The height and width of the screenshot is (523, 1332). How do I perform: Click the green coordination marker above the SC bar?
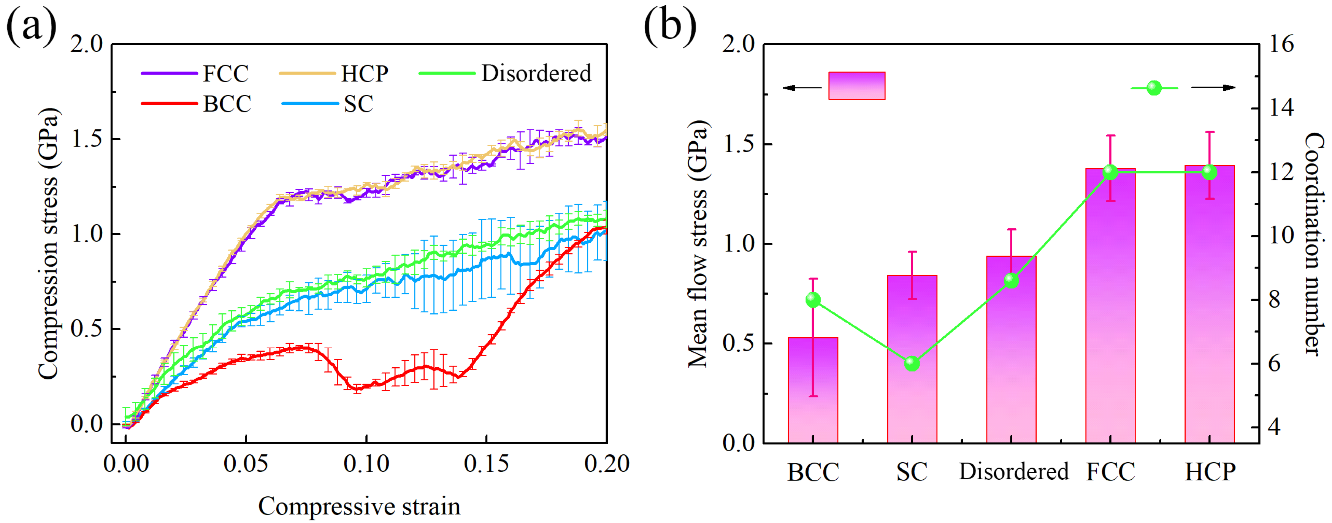coord(912,364)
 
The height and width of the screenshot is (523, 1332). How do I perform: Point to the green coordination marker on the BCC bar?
coord(813,300)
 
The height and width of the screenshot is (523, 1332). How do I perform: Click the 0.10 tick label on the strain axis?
coord(366,464)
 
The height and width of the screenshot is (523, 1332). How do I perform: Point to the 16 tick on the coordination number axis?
coord(1281,44)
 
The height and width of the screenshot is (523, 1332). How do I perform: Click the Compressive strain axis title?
coord(359,506)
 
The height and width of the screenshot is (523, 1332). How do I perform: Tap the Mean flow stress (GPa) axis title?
coord(698,244)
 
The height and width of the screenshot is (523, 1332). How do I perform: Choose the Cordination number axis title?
coord(1313,244)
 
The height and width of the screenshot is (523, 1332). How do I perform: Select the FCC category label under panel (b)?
coord(1110,472)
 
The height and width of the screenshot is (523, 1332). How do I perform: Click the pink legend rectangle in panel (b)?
coord(857,86)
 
